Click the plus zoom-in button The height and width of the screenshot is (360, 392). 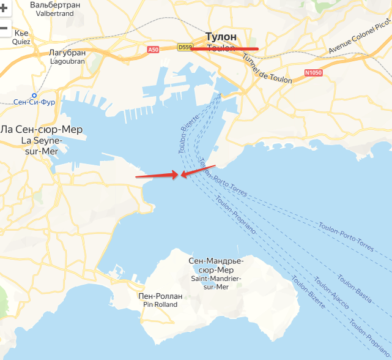tap(4, 8)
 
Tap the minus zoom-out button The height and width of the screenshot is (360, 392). tap(4, 28)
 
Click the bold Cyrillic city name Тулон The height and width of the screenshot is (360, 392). tap(221, 36)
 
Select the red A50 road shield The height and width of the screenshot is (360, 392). tap(153, 48)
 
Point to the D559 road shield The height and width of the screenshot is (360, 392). tap(185, 47)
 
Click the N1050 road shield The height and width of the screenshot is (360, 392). tap(312, 73)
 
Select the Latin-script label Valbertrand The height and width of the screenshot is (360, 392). tap(54, 13)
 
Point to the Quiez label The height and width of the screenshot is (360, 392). tap(21, 42)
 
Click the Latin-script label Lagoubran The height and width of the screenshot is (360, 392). tap(67, 61)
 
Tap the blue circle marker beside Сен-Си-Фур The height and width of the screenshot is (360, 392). tap(34, 96)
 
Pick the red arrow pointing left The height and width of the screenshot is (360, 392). tap(199, 171)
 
